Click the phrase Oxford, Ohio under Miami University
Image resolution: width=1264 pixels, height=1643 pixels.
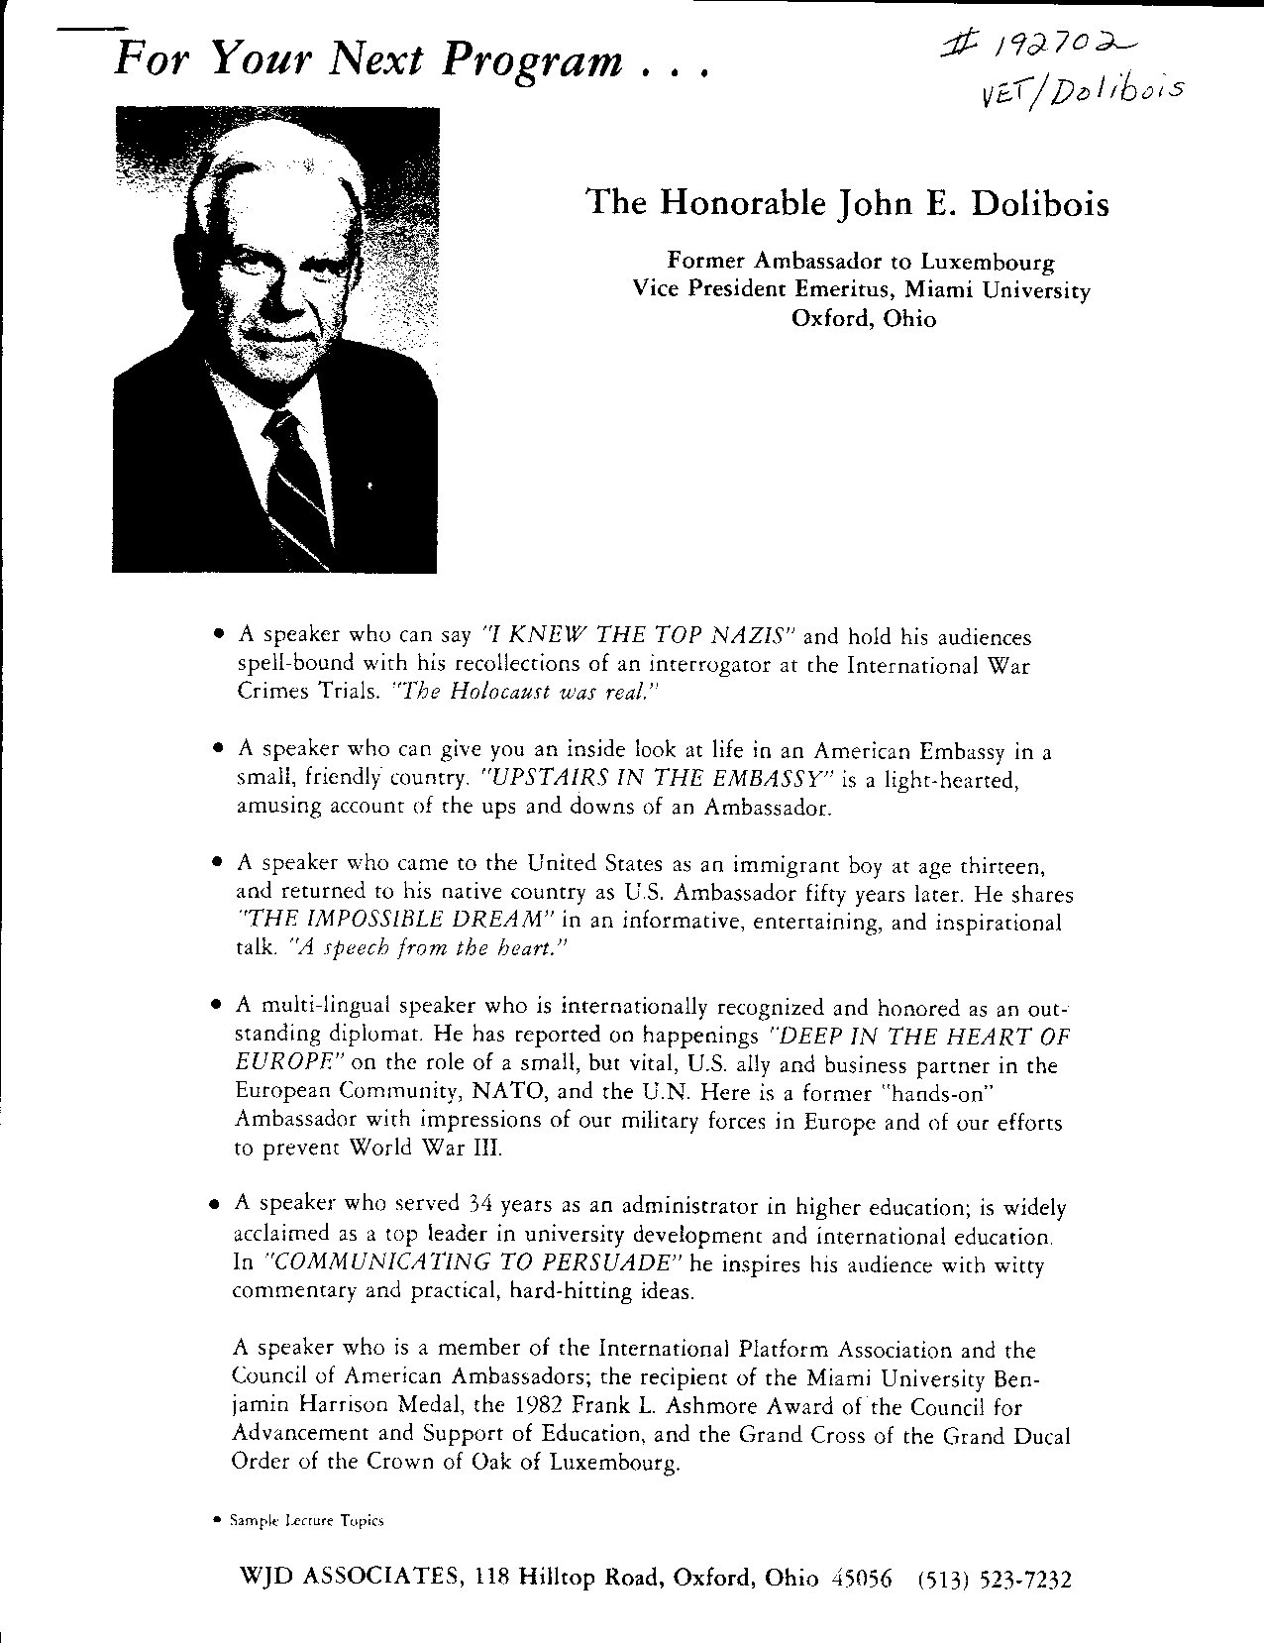(x=862, y=319)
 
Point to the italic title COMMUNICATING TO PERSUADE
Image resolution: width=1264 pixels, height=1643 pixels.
(x=473, y=1263)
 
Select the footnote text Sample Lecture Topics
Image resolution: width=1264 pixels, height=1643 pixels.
(x=306, y=1520)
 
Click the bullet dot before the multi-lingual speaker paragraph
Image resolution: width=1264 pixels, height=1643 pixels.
(x=215, y=1005)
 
